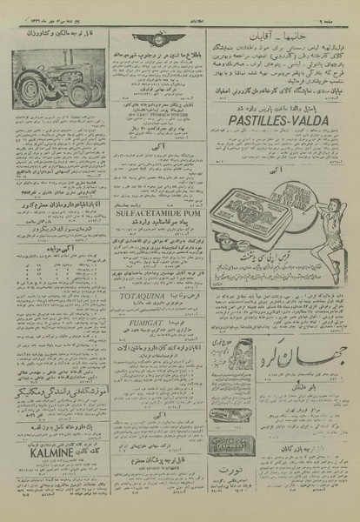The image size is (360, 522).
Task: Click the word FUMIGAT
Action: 150,344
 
